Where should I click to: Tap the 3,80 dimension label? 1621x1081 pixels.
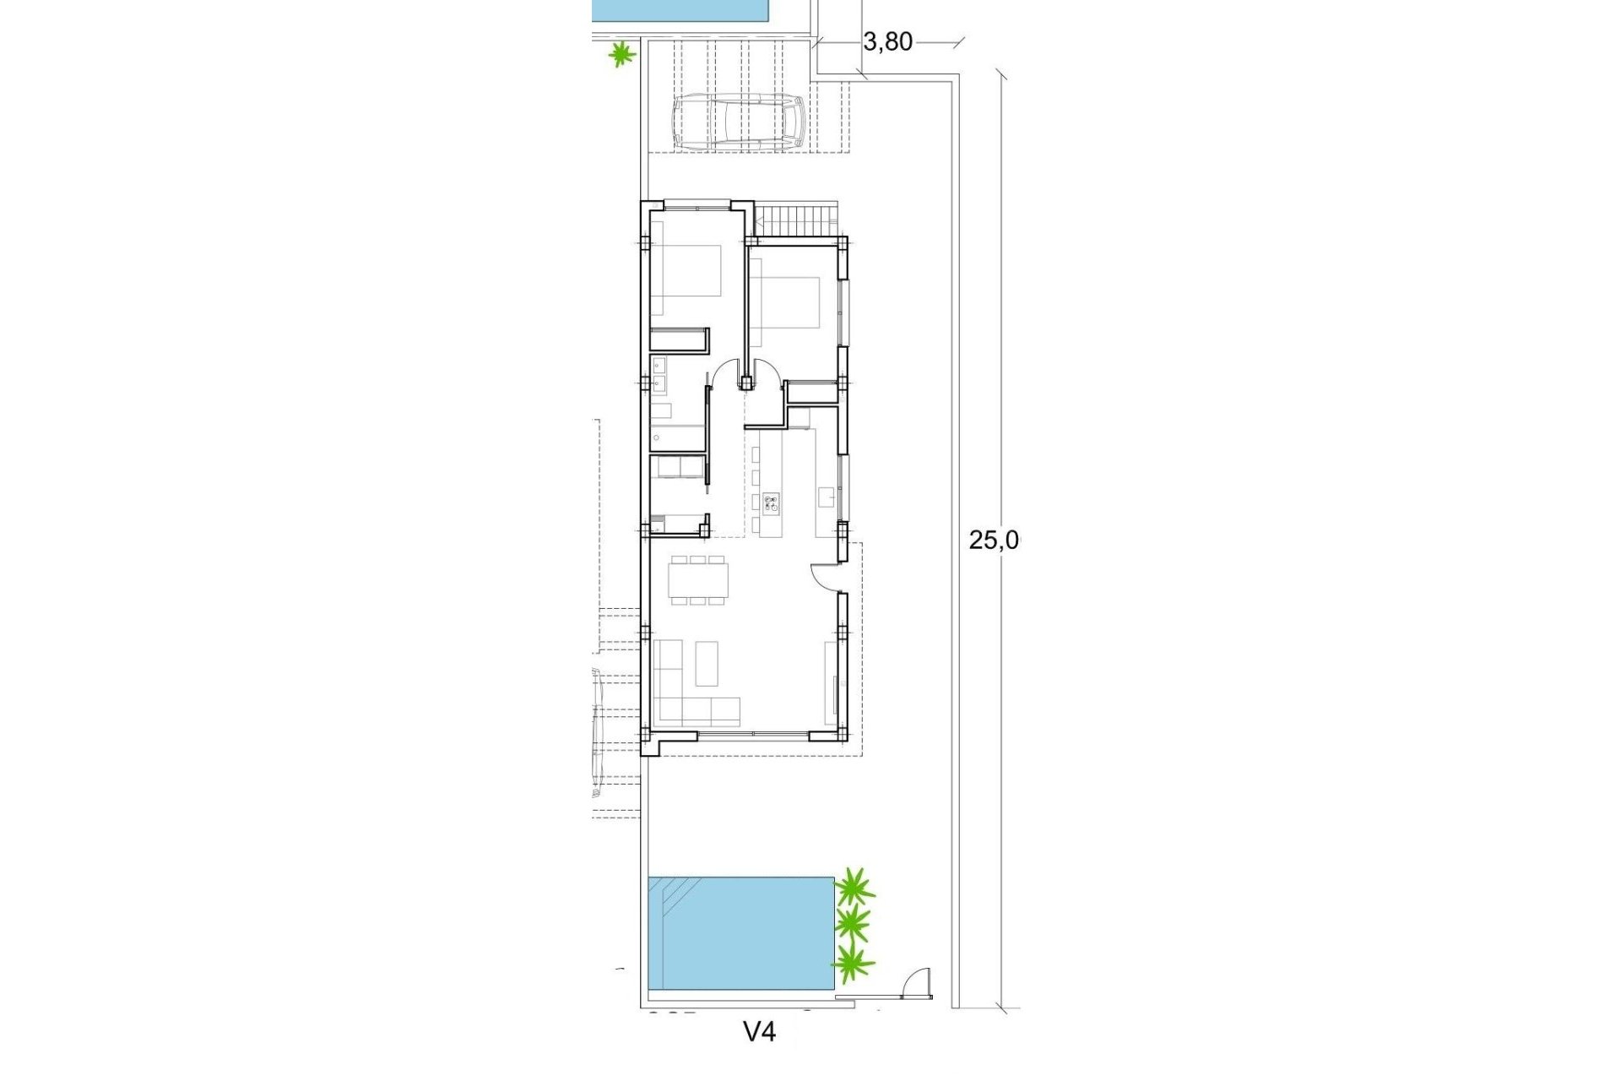pos(888,41)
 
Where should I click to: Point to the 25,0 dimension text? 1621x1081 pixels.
pos(994,540)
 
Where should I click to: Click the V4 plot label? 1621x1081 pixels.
pos(759,1031)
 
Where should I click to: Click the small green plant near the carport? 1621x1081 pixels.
pos(622,55)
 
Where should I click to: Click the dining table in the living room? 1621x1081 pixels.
pos(698,579)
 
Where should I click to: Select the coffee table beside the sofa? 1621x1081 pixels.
pos(707,663)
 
